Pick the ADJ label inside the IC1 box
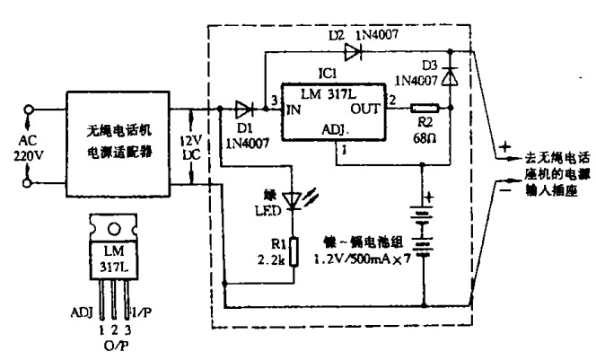333,132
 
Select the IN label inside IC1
293,110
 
